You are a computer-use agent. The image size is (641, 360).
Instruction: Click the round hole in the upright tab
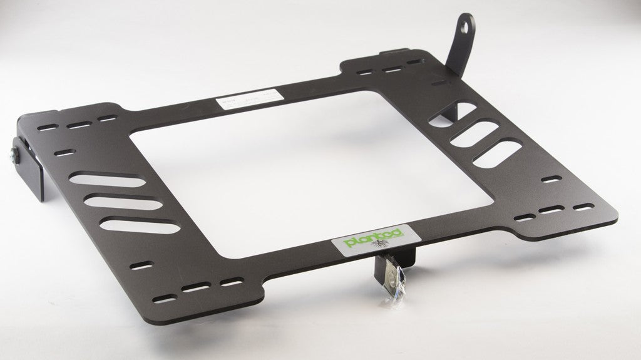point(466,27)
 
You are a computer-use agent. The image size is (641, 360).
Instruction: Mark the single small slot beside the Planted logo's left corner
point(143,266)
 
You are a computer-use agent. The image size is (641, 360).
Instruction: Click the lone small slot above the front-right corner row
point(550,180)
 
